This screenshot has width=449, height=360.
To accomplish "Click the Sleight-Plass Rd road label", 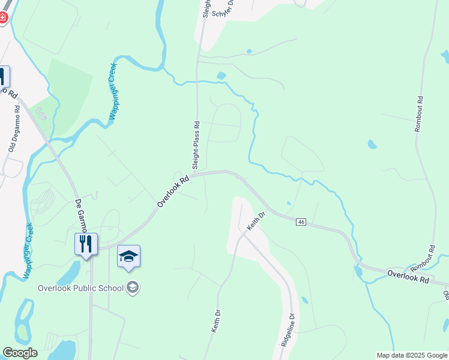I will [196, 145].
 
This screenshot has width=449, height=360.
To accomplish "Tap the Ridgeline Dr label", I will [287, 332].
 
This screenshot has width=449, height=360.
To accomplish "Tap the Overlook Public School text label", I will [82, 288].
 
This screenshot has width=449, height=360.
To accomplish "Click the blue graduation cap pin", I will [128, 257].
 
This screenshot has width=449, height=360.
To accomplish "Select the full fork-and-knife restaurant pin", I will [86, 244].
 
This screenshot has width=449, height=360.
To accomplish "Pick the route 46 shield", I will [301, 222].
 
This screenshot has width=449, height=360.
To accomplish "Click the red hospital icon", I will [2, 18].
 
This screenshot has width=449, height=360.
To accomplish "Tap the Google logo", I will [19, 353].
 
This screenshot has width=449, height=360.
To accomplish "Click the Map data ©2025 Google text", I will [412, 355].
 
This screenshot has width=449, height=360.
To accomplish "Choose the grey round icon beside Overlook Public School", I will [133, 288].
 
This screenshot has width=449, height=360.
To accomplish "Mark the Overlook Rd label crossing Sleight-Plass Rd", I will [173, 191].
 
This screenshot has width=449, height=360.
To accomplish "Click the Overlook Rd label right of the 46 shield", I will [408, 278].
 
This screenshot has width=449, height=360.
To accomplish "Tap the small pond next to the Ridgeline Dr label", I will [304, 300].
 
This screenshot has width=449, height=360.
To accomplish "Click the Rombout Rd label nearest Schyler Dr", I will [420, 114].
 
